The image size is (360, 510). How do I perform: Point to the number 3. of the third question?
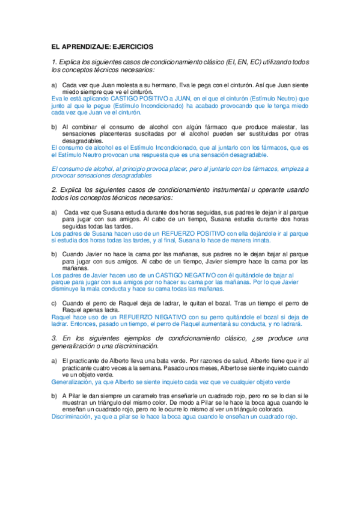click(x=55, y=339)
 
